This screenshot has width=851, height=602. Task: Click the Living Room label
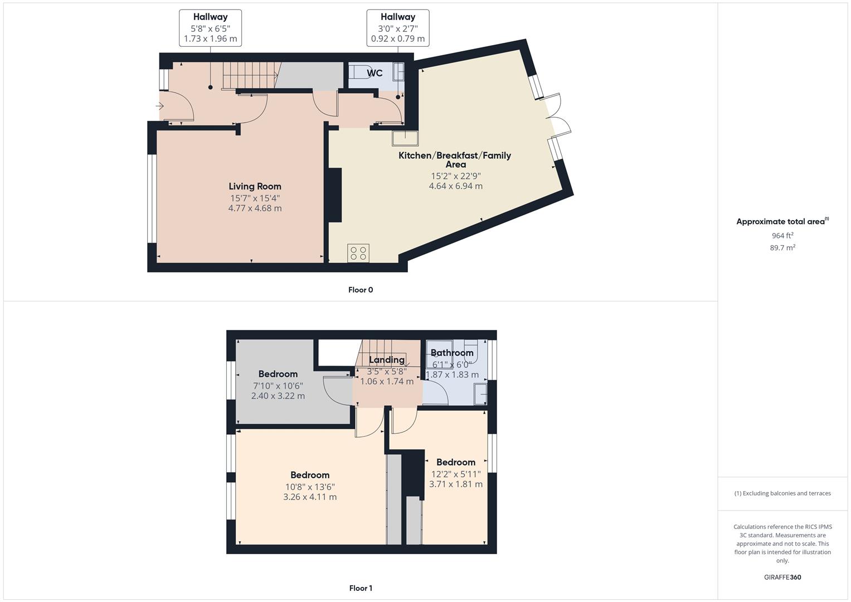click(255, 186)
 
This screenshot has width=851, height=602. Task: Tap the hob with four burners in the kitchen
click(358, 253)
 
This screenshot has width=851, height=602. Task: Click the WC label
click(375, 73)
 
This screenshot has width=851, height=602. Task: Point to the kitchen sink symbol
click(405, 138)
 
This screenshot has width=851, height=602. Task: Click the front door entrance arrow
click(161, 106)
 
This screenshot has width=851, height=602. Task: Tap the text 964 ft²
click(782, 235)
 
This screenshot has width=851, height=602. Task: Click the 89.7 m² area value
click(782, 247)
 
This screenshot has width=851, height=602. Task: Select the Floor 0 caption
click(360, 290)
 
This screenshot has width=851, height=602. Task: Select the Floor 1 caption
click(360, 588)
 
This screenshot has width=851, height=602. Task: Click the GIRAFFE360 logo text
click(782, 577)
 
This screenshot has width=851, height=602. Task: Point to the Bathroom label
click(451, 353)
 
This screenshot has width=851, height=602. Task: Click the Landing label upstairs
click(386, 360)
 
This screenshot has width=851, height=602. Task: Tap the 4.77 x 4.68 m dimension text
click(255, 208)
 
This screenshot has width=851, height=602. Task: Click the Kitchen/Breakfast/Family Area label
click(455, 159)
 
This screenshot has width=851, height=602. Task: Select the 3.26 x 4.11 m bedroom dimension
click(309, 497)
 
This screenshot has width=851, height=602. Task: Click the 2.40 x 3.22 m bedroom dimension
click(278, 396)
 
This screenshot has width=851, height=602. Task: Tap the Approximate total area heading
click(782, 221)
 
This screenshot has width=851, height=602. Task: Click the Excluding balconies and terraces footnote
click(782, 493)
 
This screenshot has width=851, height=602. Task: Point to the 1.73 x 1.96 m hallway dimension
click(210, 39)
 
